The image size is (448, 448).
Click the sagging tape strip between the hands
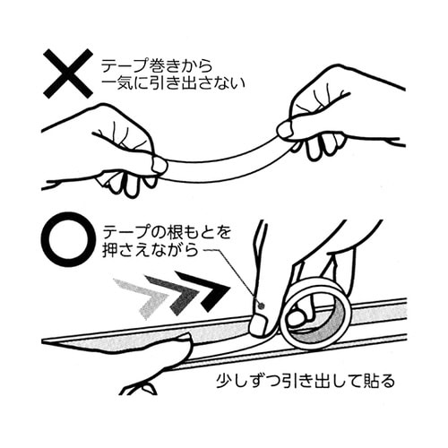coord(220,166)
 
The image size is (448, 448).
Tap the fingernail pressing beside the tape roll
coord(259,321)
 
